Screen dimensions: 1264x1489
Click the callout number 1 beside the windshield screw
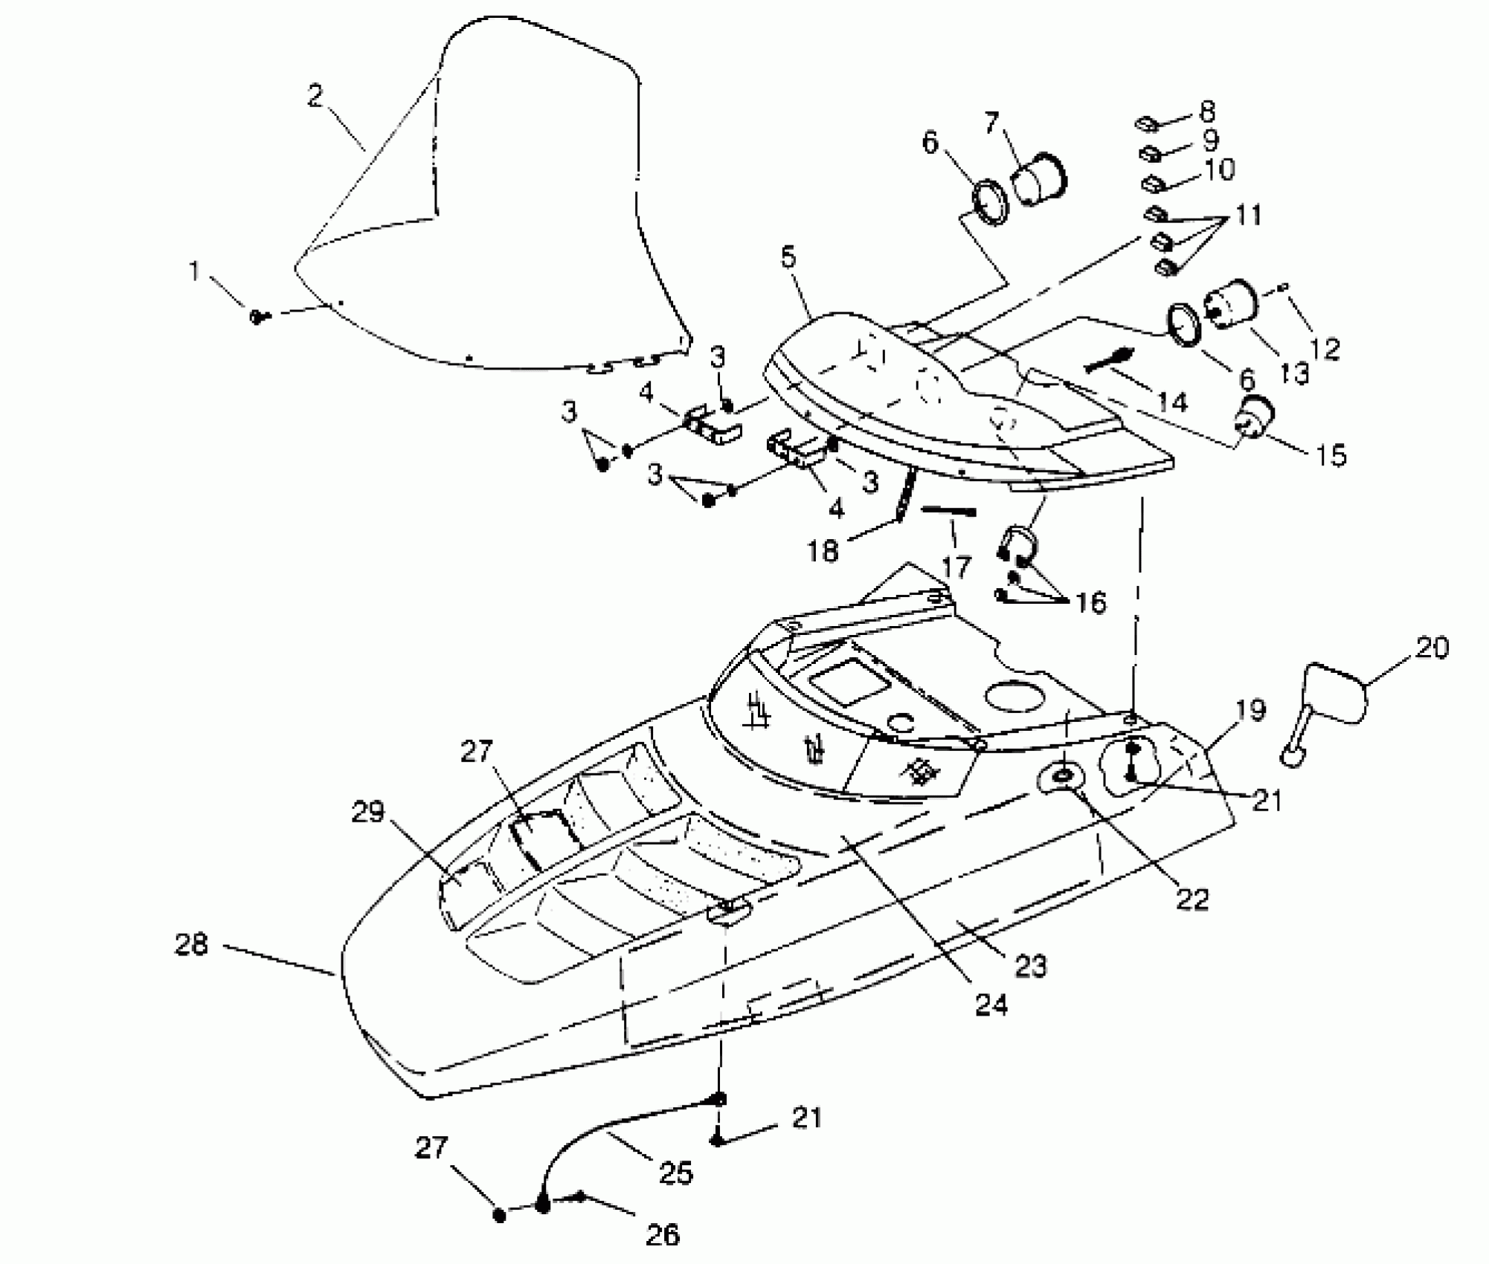pyautogui.click(x=195, y=271)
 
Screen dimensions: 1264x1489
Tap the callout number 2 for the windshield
pyautogui.click(x=315, y=96)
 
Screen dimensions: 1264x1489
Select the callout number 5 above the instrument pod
pyautogui.click(x=788, y=257)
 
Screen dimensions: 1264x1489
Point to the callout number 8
pyautogui.click(x=1207, y=112)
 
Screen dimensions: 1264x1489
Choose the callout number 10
pyautogui.click(x=1218, y=170)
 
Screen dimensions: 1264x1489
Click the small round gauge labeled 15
pyautogui.click(x=1255, y=417)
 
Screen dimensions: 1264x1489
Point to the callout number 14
pyautogui.click(x=1172, y=402)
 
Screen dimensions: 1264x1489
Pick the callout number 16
pyautogui.click(x=1090, y=602)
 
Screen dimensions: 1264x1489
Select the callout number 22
pyautogui.click(x=1192, y=900)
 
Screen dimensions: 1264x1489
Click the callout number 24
pyautogui.click(x=991, y=1005)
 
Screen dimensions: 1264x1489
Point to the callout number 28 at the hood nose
pyautogui.click(x=191, y=945)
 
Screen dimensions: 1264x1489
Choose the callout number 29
pyautogui.click(x=367, y=812)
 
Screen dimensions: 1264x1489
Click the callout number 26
pyautogui.click(x=663, y=1235)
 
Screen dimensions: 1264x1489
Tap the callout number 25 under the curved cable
pyautogui.click(x=675, y=1173)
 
